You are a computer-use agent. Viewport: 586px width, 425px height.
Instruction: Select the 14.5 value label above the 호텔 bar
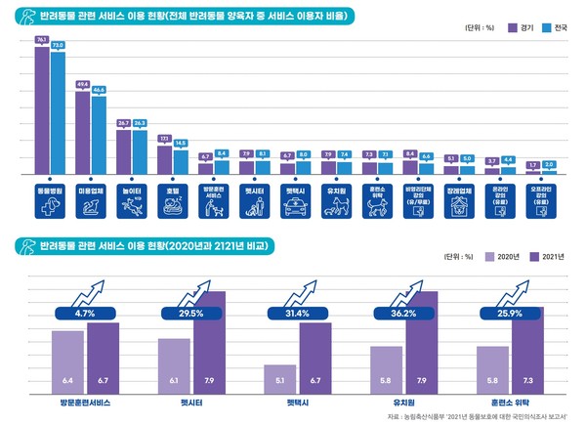tap(180, 144)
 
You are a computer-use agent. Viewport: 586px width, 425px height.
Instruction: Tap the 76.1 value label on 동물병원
tap(42, 39)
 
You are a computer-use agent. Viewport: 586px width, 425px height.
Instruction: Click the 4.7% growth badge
tap(84, 314)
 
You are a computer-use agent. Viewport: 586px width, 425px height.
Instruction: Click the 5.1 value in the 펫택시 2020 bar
tap(280, 379)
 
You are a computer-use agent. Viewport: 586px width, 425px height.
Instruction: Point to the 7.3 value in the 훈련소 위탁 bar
tap(528, 379)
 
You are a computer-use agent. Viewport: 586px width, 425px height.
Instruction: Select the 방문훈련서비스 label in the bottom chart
tap(84, 402)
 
